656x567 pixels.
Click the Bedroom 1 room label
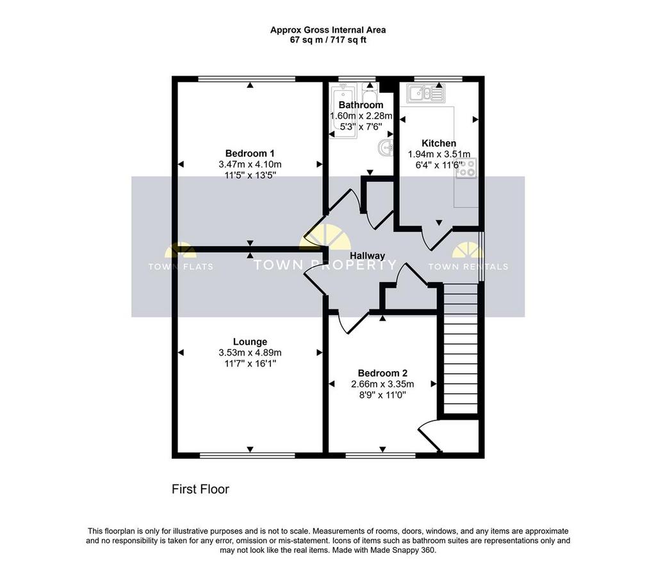click(250, 154)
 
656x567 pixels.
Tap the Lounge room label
click(250, 342)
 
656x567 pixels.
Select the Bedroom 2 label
click(382, 373)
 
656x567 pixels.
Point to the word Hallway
click(367, 256)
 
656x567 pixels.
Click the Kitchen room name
click(438, 143)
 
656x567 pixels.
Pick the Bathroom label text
click(361, 104)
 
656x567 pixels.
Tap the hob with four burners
click(466, 168)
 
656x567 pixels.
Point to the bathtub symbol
click(343, 110)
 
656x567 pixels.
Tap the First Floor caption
click(201, 489)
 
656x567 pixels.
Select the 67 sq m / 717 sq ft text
click(328, 40)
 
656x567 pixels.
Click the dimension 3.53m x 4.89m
click(250, 353)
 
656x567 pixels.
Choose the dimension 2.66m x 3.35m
click(382, 384)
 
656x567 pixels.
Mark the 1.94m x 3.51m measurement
click(439, 154)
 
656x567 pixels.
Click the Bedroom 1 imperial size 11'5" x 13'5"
click(250, 176)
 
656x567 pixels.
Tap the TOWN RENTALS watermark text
click(468, 267)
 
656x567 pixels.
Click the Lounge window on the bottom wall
click(247, 456)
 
